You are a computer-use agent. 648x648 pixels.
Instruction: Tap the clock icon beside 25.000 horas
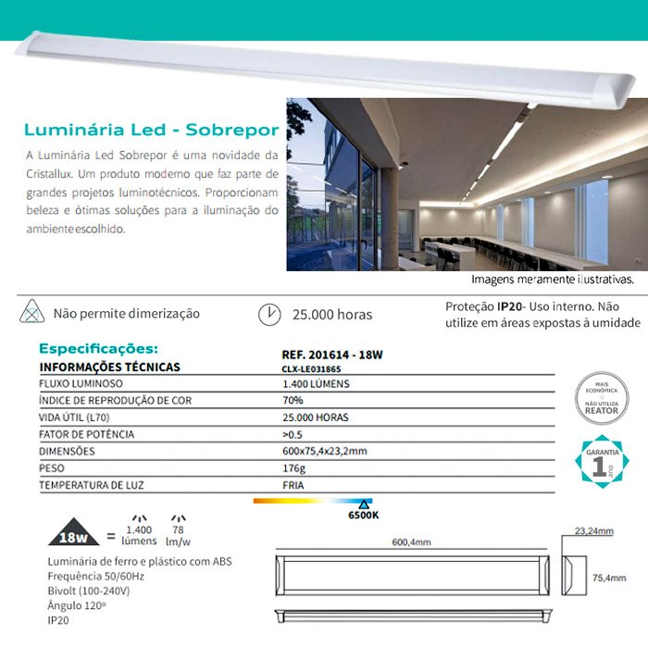(x=268, y=314)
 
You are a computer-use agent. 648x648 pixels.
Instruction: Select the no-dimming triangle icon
(x=31, y=312)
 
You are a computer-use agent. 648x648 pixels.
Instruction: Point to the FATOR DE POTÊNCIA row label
(x=86, y=434)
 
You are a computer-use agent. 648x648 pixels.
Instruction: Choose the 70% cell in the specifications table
(x=293, y=401)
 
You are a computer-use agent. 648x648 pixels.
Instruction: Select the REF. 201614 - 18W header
(x=330, y=353)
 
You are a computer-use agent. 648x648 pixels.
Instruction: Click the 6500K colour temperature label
(x=364, y=515)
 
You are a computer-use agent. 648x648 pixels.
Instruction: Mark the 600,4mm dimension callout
(x=412, y=543)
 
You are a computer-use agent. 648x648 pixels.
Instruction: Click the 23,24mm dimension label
(x=593, y=531)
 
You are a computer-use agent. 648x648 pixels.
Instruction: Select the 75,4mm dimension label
(x=608, y=579)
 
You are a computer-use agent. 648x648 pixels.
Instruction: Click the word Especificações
(x=98, y=349)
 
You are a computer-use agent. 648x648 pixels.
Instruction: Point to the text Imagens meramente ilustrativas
(x=553, y=279)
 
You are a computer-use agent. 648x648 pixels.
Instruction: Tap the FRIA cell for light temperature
(x=292, y=485)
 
